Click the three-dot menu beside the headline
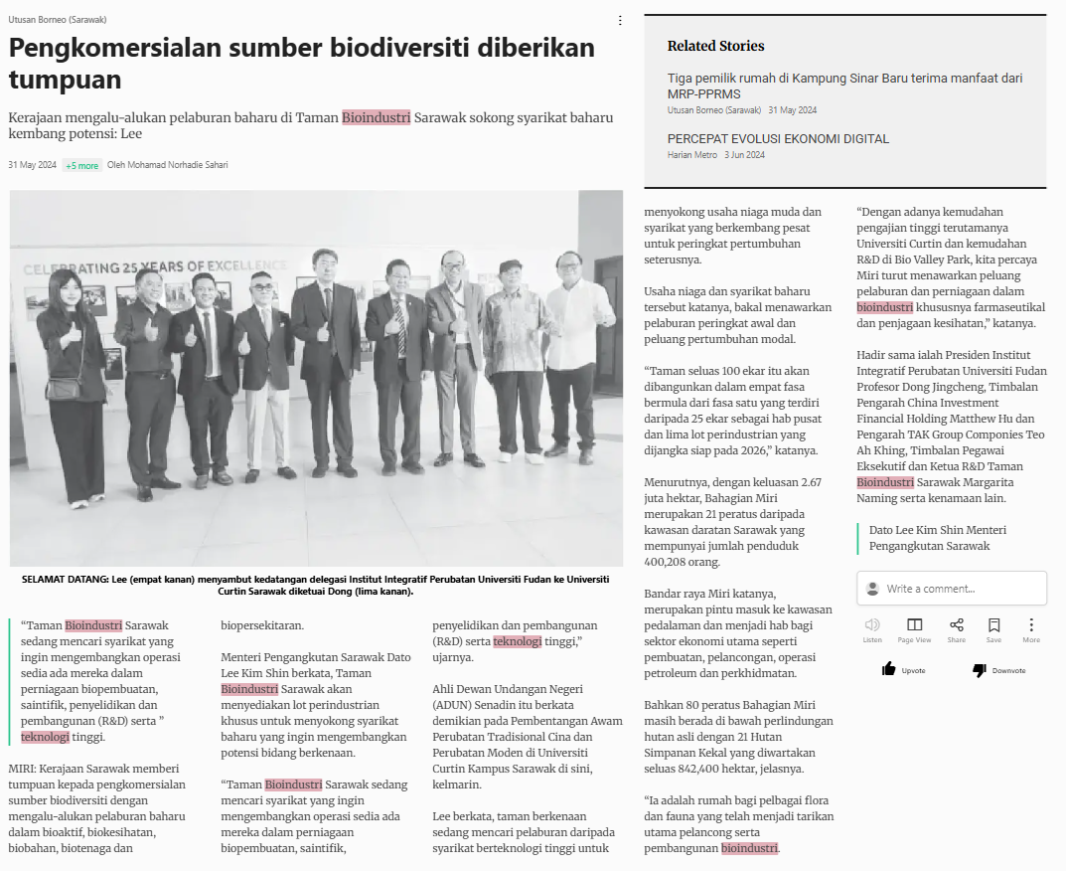pos(620,20)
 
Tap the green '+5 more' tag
pos(81,166)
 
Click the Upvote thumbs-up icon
pos(889,669)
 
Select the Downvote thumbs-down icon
pos(980,670)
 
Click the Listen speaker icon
pos(872,624)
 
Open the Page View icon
pos(914,624)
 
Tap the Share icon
pos(956,624)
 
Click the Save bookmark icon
pos(993,624)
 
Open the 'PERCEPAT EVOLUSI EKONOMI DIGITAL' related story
pos(778,139)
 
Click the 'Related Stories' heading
pos(715,46)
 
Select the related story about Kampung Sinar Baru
pos(844,86)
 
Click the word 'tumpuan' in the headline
pos(66,80)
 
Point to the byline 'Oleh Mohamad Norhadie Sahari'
pos(168,165)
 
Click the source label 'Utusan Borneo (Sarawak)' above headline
pos(58,19)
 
